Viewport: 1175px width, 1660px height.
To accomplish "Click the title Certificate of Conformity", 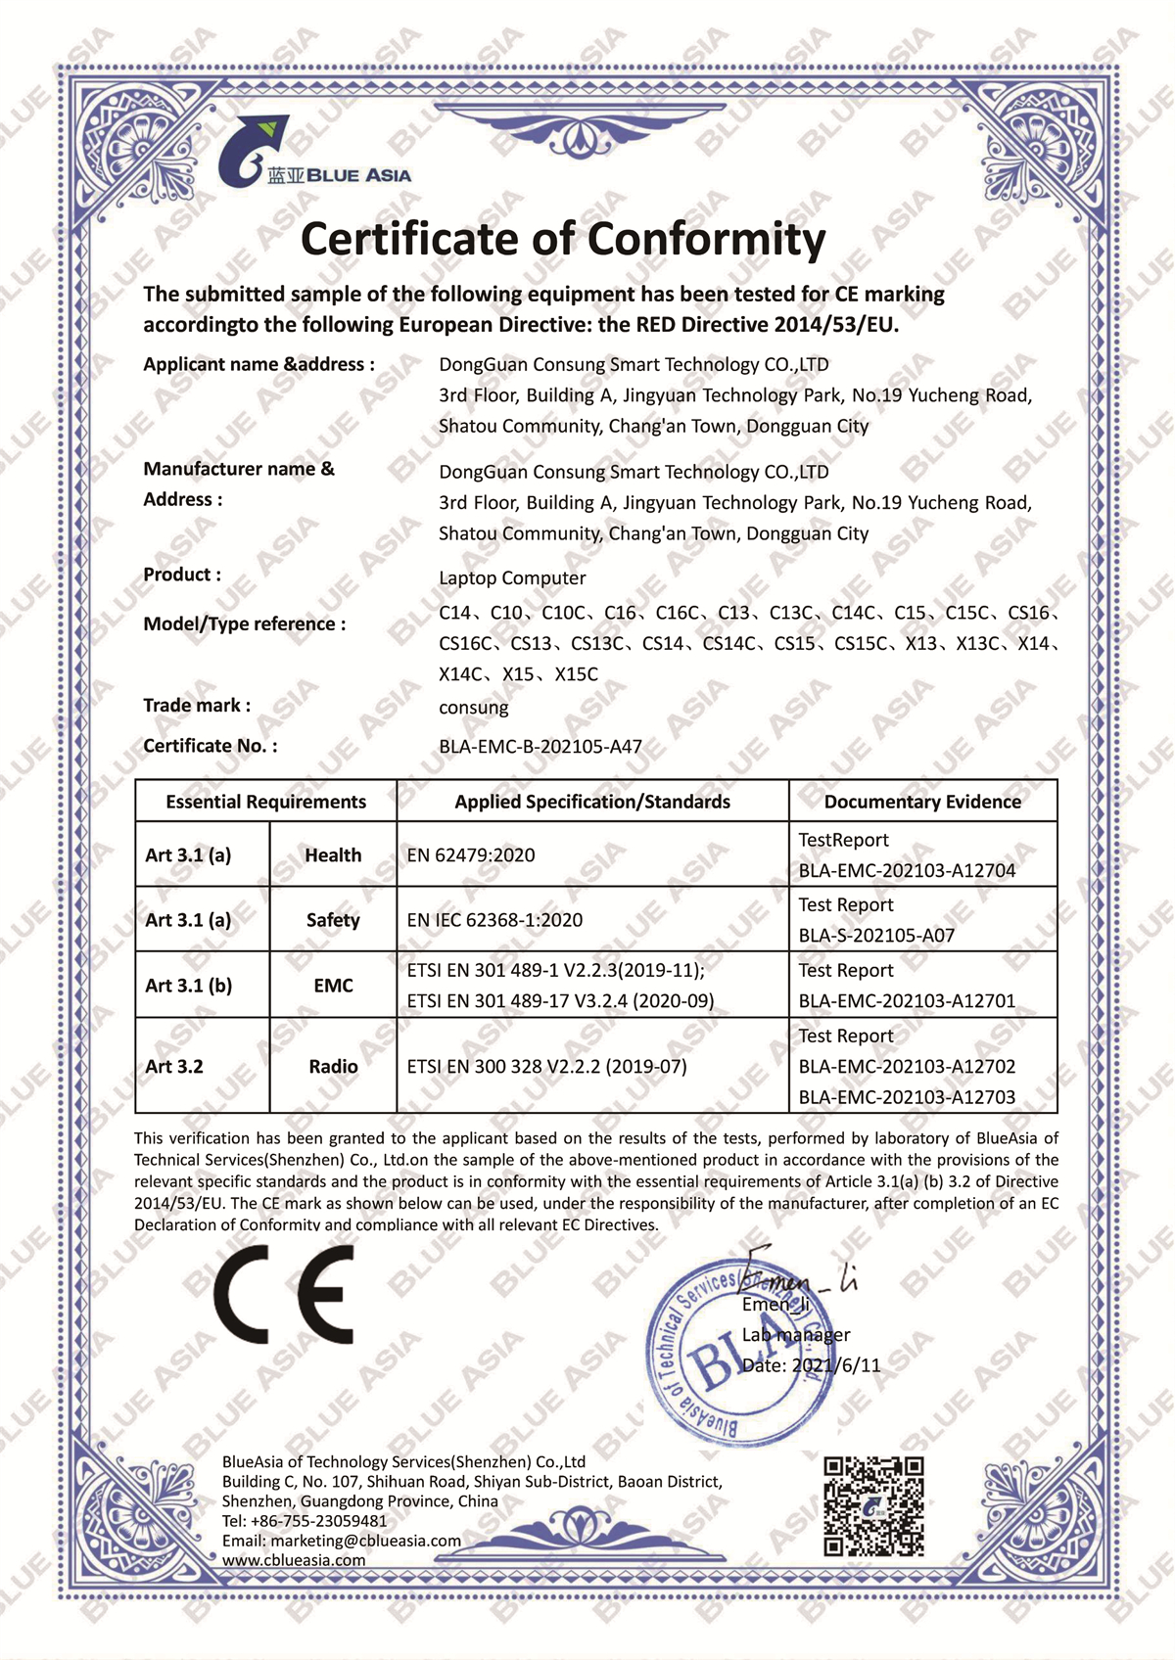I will click(x=563, y=239).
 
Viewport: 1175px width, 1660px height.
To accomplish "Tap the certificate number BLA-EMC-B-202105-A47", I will click(x=540, y=747).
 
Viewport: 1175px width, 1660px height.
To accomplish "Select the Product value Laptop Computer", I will click(x=512, y=578).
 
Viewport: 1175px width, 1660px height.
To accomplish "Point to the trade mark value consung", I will click(x=474, y=708).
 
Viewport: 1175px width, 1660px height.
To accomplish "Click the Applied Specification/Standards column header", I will click(x=592, y=802).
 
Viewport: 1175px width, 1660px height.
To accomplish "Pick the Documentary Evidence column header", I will click(x=922, y=802).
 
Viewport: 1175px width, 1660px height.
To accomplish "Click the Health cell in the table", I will click(x=333, y=854).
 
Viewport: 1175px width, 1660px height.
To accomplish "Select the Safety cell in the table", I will click(x=333, y=920).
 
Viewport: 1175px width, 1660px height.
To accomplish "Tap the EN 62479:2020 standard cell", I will click(x=471, y=855).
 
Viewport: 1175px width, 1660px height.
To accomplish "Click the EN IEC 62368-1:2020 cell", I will click(x=494, y=920).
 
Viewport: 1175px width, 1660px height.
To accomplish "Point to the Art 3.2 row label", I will click(x=174, y=1067).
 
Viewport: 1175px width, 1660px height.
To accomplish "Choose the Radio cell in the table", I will click(x=333, y=1067).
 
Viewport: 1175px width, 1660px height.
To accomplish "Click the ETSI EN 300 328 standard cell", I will click(x=546, y=1067).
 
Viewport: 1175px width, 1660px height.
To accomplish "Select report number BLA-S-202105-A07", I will click(x=876, y=936).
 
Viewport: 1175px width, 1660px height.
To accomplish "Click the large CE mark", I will click(x=284, y=1296).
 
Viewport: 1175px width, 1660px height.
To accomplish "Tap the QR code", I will click(x=873, y=1506).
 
